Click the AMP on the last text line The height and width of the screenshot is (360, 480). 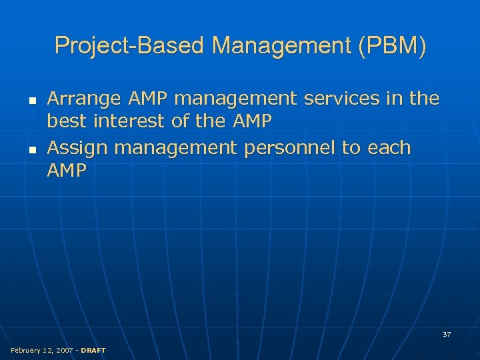tap(67, 171)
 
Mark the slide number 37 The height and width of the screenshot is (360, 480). tap(447, 334)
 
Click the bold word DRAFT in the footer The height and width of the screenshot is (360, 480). tap(92, 350)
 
